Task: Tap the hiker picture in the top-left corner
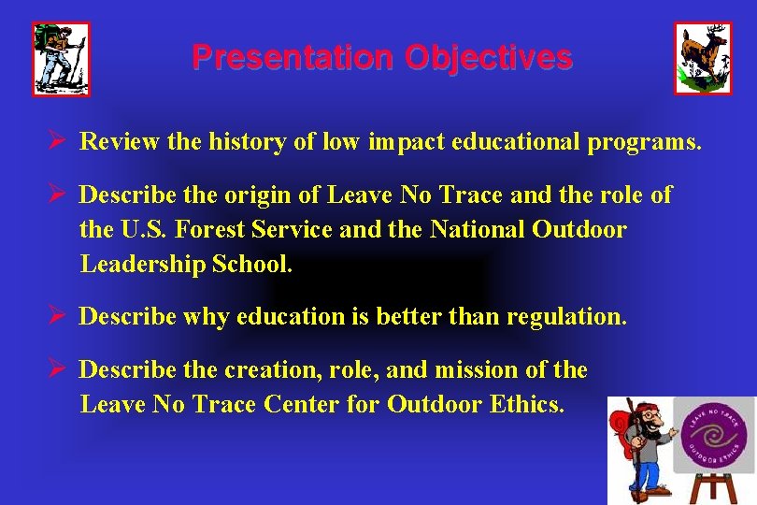tap(61, 59)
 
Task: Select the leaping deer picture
tap(703, 58)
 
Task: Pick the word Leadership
tap(145, 264)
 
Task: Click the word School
tap(253, 264)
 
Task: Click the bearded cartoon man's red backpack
tap(621, 440)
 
